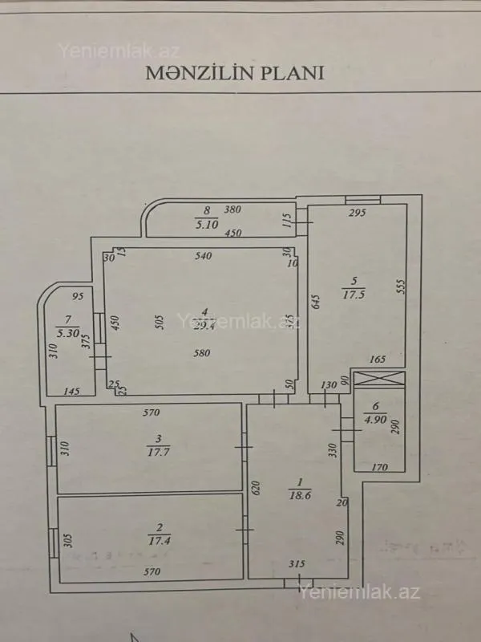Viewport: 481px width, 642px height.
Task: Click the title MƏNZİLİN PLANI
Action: (x=234, y=72)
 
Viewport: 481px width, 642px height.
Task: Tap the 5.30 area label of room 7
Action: (x=66, y=331)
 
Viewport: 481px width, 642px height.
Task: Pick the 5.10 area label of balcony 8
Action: (x=207, y=226)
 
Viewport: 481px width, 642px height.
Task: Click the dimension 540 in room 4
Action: (x=204, y=257)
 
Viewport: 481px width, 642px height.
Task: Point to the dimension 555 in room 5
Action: (x=400, y=291)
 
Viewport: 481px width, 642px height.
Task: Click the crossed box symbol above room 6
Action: (x=380, y=380)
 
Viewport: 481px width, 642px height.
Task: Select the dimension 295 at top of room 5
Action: (x=358, y=213)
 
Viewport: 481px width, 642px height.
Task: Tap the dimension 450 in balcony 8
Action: (x=232, y=234)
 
